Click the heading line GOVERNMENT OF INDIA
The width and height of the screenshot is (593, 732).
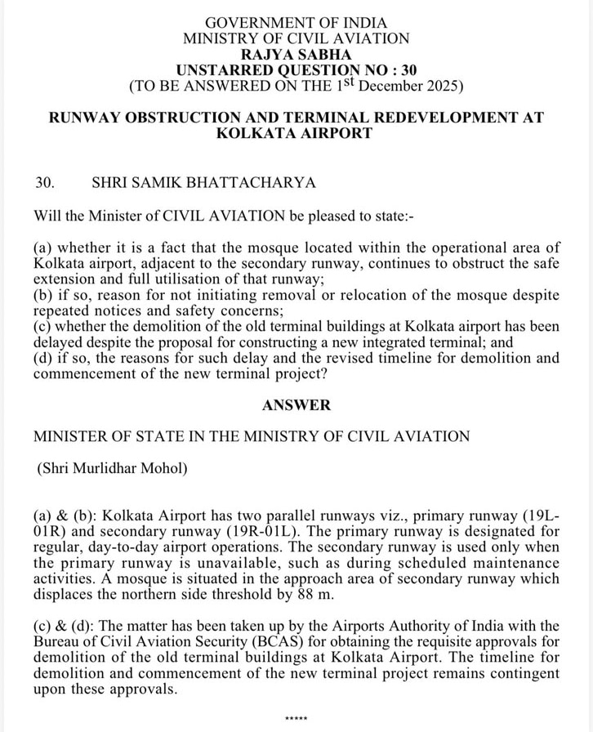click(296, 23)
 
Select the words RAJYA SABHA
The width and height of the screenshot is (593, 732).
click(296, 54)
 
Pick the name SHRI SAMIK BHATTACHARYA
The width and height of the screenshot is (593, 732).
click(203, 182)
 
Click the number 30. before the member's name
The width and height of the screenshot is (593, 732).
click(44, 182)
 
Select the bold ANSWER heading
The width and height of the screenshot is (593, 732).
click(296, 404)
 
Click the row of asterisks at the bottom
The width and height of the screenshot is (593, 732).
click(296, 719)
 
